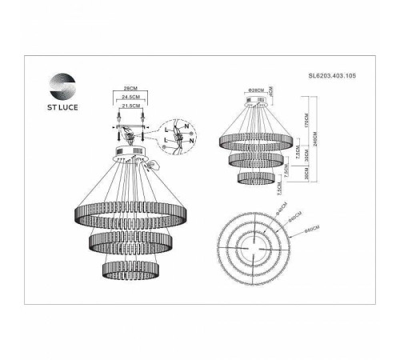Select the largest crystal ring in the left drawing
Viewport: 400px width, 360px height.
pos(130,211)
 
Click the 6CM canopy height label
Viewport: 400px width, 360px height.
pos(272,90)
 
